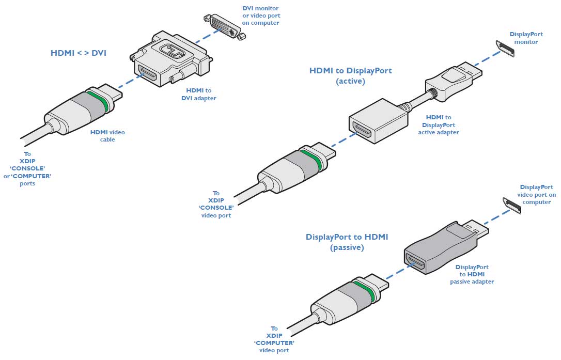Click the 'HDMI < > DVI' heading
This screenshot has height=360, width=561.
click(x=79, y=53)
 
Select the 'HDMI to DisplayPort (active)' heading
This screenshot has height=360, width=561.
click(x=350, y=75)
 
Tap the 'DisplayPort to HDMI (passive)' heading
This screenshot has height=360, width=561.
click(x=347, y=242)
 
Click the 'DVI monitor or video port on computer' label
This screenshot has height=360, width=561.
click(x=261, y=15)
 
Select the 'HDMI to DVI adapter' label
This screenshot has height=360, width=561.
click(x=198, y=94)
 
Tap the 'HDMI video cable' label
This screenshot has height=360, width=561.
click(x=107, y=136)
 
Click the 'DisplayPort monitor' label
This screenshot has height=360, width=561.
click(x=524, y=38)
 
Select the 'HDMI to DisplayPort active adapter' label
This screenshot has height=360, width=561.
click(x=439, y=125)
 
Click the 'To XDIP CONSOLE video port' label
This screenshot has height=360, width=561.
click(x=216, y=204)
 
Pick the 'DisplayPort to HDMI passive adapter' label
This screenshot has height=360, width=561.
click(x=472, y=274)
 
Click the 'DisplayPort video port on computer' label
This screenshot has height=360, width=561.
click(x=537, y=194)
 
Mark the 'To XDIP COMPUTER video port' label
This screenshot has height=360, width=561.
click(x=274, y=339)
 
